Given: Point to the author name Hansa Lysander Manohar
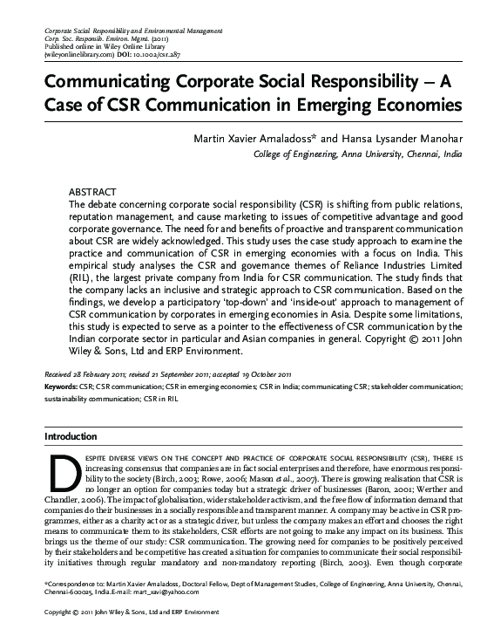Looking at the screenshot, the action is coord(400,137).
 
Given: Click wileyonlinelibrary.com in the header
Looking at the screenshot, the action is coord(77,53).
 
